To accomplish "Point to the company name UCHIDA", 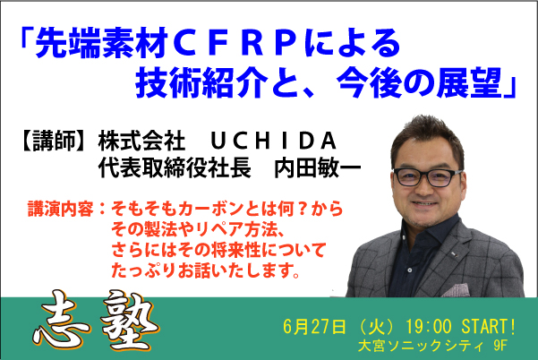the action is tap(273, 141).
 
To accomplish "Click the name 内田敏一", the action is tap(318, 168).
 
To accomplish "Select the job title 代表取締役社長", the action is tap(175, 168).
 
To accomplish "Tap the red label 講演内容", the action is tap(60, 209).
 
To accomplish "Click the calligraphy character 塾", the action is tap(130, 321).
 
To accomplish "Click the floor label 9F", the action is tap(500, 346).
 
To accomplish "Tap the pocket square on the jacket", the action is tap(456, 290).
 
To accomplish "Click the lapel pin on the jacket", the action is tap(454, 254).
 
